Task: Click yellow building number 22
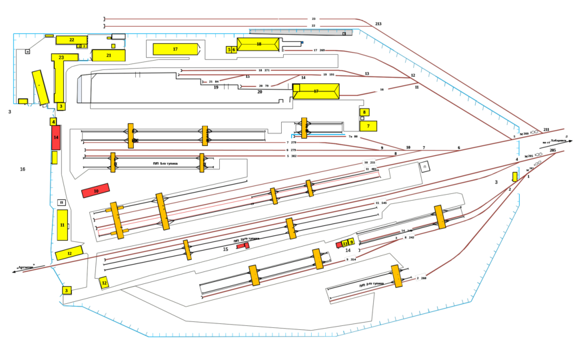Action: tap(72, 40)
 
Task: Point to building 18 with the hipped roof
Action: tap(259, 44)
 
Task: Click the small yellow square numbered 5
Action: tap(229, 49)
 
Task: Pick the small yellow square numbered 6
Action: tap(234, 49)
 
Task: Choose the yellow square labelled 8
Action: tap(364, 112)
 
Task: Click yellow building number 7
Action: tap(368, 125)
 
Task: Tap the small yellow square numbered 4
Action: tap(53, 122)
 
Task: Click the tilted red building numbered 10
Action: tap(95, 191)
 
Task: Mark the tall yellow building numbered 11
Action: tap(62, 225)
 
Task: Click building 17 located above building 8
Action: tap(316, 91)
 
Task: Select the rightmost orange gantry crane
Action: tap(439, 216)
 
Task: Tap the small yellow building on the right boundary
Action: tap(515, 176)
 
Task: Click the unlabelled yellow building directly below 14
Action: tap(55, 157)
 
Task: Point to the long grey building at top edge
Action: tap(300, 31)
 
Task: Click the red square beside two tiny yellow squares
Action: tap(338, 245)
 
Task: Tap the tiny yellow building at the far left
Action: tap(23, 101)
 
